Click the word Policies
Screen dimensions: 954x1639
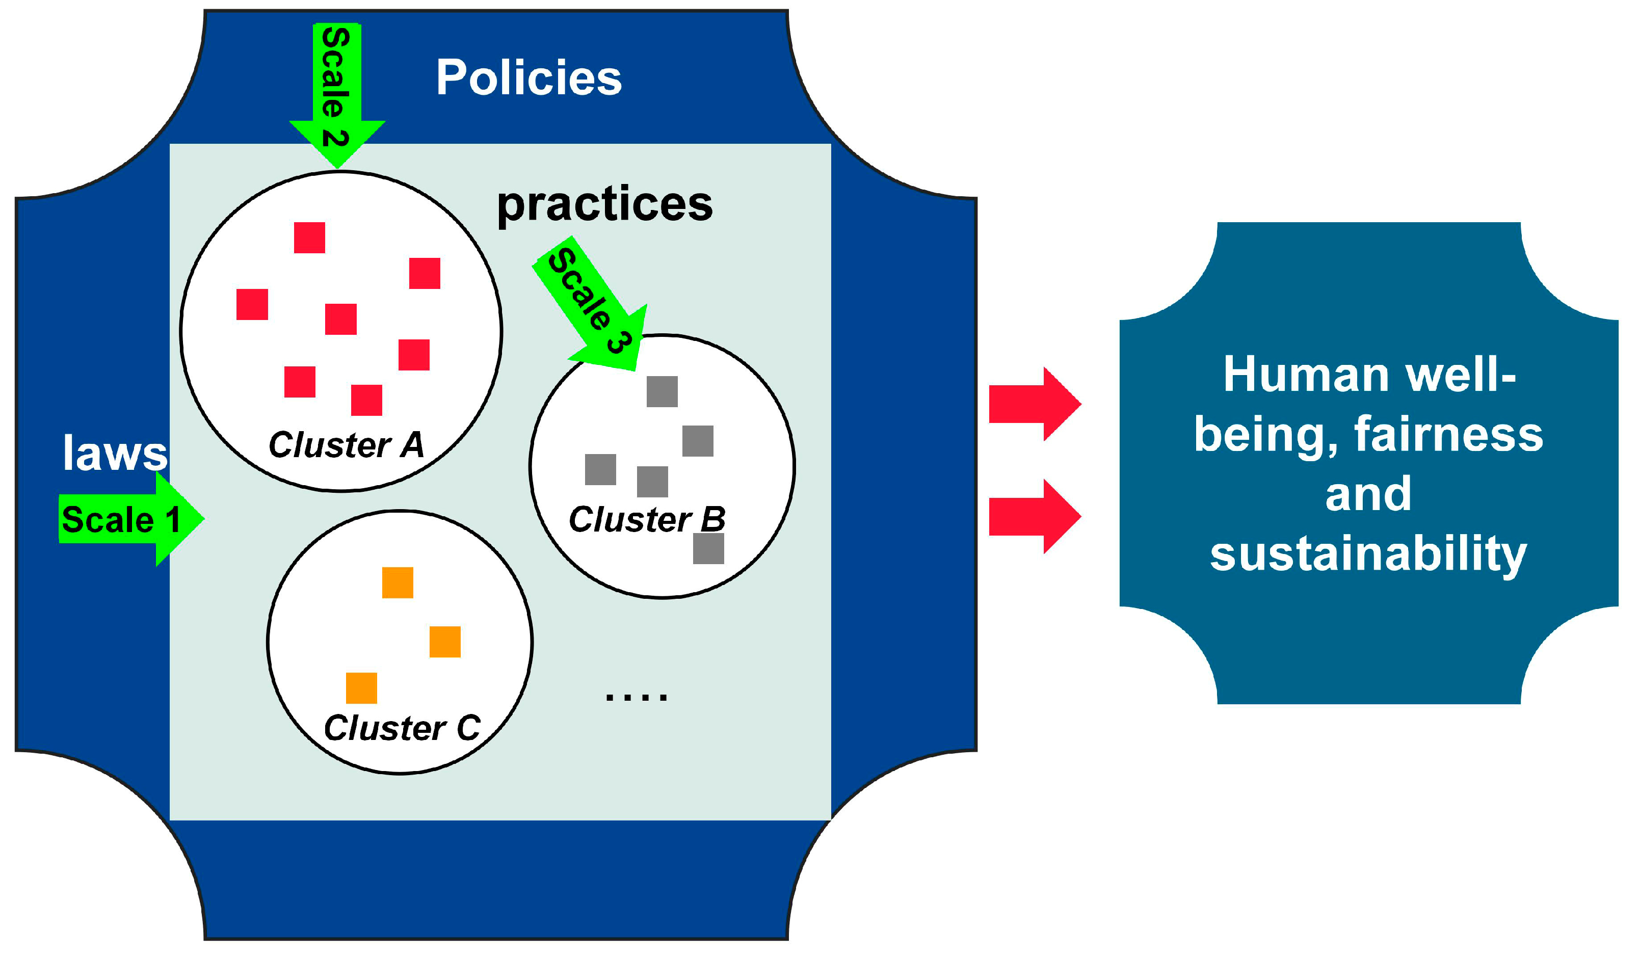(528, 77)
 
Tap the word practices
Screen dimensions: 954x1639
(604, 204)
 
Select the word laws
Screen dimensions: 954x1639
(115, 453)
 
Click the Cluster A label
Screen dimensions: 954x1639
(346, 445)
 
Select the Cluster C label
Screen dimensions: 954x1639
(402, 728)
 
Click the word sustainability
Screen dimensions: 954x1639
(1368, 554)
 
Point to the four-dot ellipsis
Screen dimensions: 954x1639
(636, 697)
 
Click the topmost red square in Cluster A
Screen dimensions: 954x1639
(309, 237)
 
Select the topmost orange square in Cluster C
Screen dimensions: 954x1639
(398, 582)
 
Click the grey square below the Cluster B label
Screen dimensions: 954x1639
(708, 548)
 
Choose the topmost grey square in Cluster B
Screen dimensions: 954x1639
(662, 391)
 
